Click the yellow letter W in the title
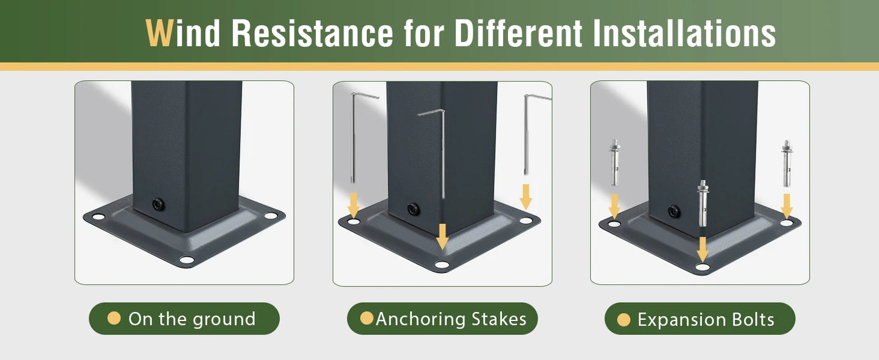pos(159,33)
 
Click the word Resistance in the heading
pos(312,33)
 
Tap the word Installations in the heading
pos(684,33)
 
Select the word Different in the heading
pos(518,33)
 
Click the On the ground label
pos(192,319)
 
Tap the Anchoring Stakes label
pos(451,319)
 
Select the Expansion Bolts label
pos(706,320)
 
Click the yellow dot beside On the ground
pos(114,318)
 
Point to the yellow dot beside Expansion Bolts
pos(624,320)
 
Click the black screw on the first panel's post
pos(158,204)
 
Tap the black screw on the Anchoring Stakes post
pos(413,209)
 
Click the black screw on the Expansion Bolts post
pos(674,212)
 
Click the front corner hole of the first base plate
pos(187,260)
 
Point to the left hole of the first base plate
pos(99,217)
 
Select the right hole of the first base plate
pos(270,216)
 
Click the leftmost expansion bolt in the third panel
pos(614,163)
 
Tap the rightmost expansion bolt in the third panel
pos(787,164)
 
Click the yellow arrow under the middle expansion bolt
pos(703,249)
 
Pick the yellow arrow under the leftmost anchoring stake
pos(353,205)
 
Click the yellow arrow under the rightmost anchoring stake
pos(526,197)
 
